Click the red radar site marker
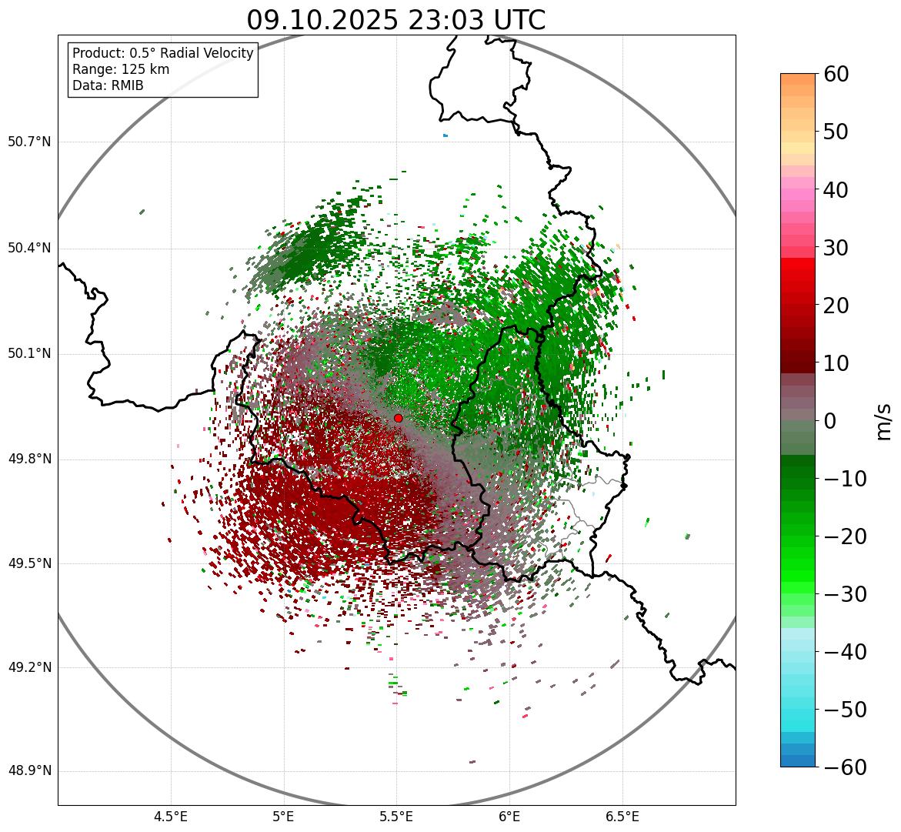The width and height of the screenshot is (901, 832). click(398, 418)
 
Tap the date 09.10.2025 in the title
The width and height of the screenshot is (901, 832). click(322, 21)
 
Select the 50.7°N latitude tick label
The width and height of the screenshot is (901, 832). click(29, 142)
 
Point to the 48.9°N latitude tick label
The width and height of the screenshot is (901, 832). click(29, 771)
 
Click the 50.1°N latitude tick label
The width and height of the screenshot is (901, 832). click(29, 354)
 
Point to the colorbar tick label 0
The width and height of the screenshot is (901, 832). click(830, 421)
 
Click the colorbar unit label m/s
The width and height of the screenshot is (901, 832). click(883, 420)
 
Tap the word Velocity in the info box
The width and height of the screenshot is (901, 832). click(225, 53)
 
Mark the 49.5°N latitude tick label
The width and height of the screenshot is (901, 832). click(29, 564)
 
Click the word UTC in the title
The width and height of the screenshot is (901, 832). click(519, 21)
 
